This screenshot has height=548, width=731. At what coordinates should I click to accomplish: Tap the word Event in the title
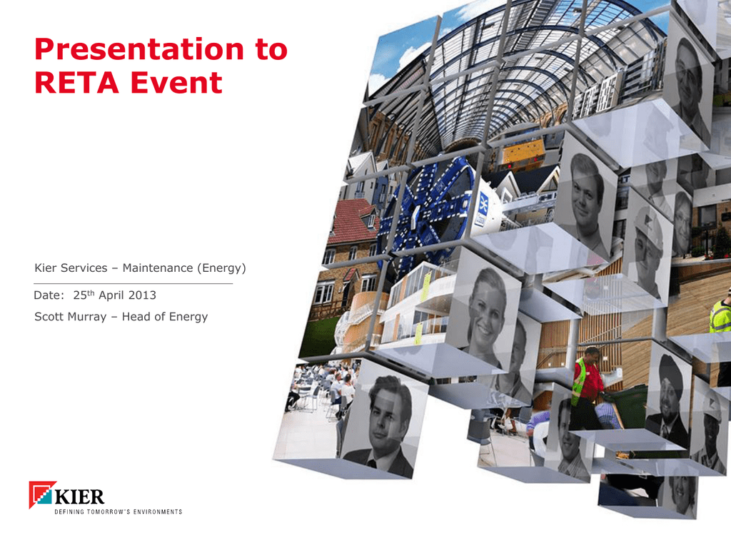coord(176,83)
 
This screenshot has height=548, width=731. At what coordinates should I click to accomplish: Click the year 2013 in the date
coord(142,295)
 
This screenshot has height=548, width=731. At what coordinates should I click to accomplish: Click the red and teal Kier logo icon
coord(42,494)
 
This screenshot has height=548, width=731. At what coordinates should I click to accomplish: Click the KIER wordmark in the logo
coord(80,497)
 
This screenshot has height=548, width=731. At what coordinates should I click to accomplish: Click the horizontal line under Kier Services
coord(133,283)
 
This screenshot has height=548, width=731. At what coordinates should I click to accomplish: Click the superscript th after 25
coord(91,293)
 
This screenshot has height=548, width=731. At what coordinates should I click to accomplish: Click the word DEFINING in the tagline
coord(69,512)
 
